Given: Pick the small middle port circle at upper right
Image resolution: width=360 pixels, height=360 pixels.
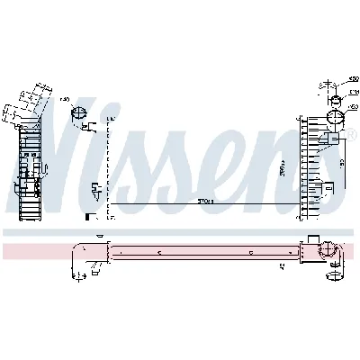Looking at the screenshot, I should point(332,98).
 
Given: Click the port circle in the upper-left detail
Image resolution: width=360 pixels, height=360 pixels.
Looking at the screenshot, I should point(78,114).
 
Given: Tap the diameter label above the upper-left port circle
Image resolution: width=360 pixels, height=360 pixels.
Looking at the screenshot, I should point(65,102).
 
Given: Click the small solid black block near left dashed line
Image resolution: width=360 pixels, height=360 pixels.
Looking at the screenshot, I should point(86,216).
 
